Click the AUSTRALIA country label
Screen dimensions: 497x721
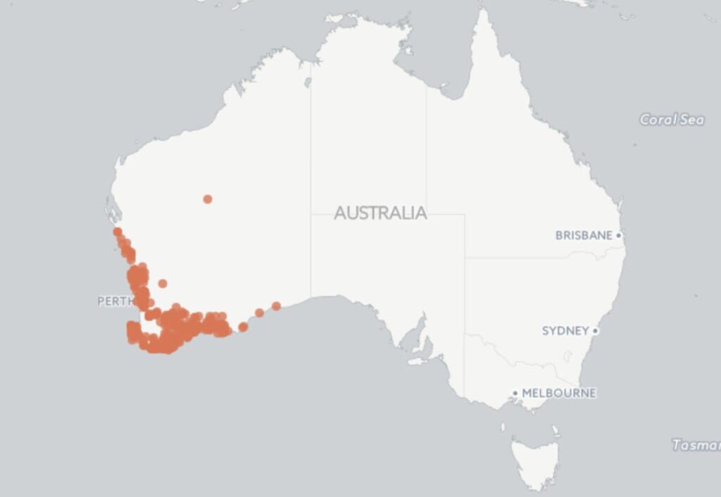coord(380,213)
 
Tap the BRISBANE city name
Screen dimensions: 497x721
coord(584,235)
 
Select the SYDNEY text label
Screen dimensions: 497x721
coord(565,331)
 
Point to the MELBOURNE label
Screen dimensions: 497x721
coord(558,393)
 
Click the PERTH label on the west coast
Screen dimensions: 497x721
coord(115,301)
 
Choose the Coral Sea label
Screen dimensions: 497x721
coord(671,120)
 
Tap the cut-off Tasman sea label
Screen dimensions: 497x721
coord(696,445)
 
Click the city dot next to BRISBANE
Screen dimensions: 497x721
coord(619,235)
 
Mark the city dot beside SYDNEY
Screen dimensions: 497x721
coord(595,331)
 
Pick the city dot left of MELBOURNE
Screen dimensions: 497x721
coord(515,394)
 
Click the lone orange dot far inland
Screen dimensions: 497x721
coord(208,199)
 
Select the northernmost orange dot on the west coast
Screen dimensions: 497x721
coord(118,232)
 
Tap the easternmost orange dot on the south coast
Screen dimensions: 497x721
coord(276,306)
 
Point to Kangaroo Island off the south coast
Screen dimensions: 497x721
coord(418,361)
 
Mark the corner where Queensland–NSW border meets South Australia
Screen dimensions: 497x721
coord(465,258)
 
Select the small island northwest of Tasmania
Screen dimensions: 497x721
coord(503,427)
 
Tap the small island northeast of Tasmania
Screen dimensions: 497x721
coord(555,429)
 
